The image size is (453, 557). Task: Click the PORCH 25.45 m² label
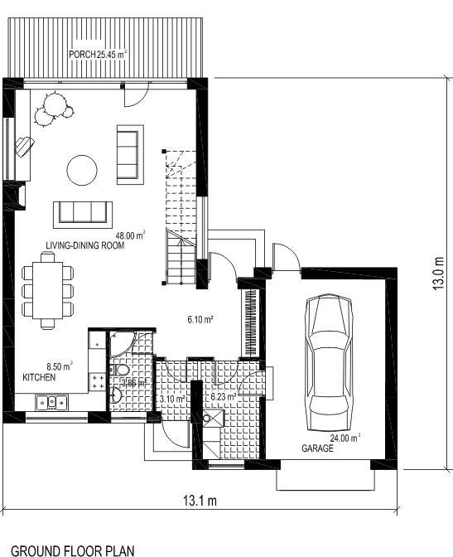click(98, 55)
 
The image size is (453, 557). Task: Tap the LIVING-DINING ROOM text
click(85, 245)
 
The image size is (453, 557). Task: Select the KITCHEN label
click(39, 377)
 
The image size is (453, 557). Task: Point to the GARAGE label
click(317, 448)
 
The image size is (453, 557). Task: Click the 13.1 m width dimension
click(200, 501)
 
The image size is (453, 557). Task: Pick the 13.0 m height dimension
click(438, 274)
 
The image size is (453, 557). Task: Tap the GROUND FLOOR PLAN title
click(73, 550)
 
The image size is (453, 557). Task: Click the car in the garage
click(329, 362)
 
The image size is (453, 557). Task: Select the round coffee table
click(82, 170)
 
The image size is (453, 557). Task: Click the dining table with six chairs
click(47, 290)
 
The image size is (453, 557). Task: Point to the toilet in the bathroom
click(120, 371)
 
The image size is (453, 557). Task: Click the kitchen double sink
click(52, 402)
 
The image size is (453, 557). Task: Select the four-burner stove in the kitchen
click(98, 382)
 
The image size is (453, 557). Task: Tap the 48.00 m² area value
click(131, 235)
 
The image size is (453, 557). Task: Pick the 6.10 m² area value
click(200, 319)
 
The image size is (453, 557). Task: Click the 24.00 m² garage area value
click(345, 438)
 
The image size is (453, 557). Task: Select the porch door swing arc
click(141, 99)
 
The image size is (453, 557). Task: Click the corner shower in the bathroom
click(122, 343)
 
